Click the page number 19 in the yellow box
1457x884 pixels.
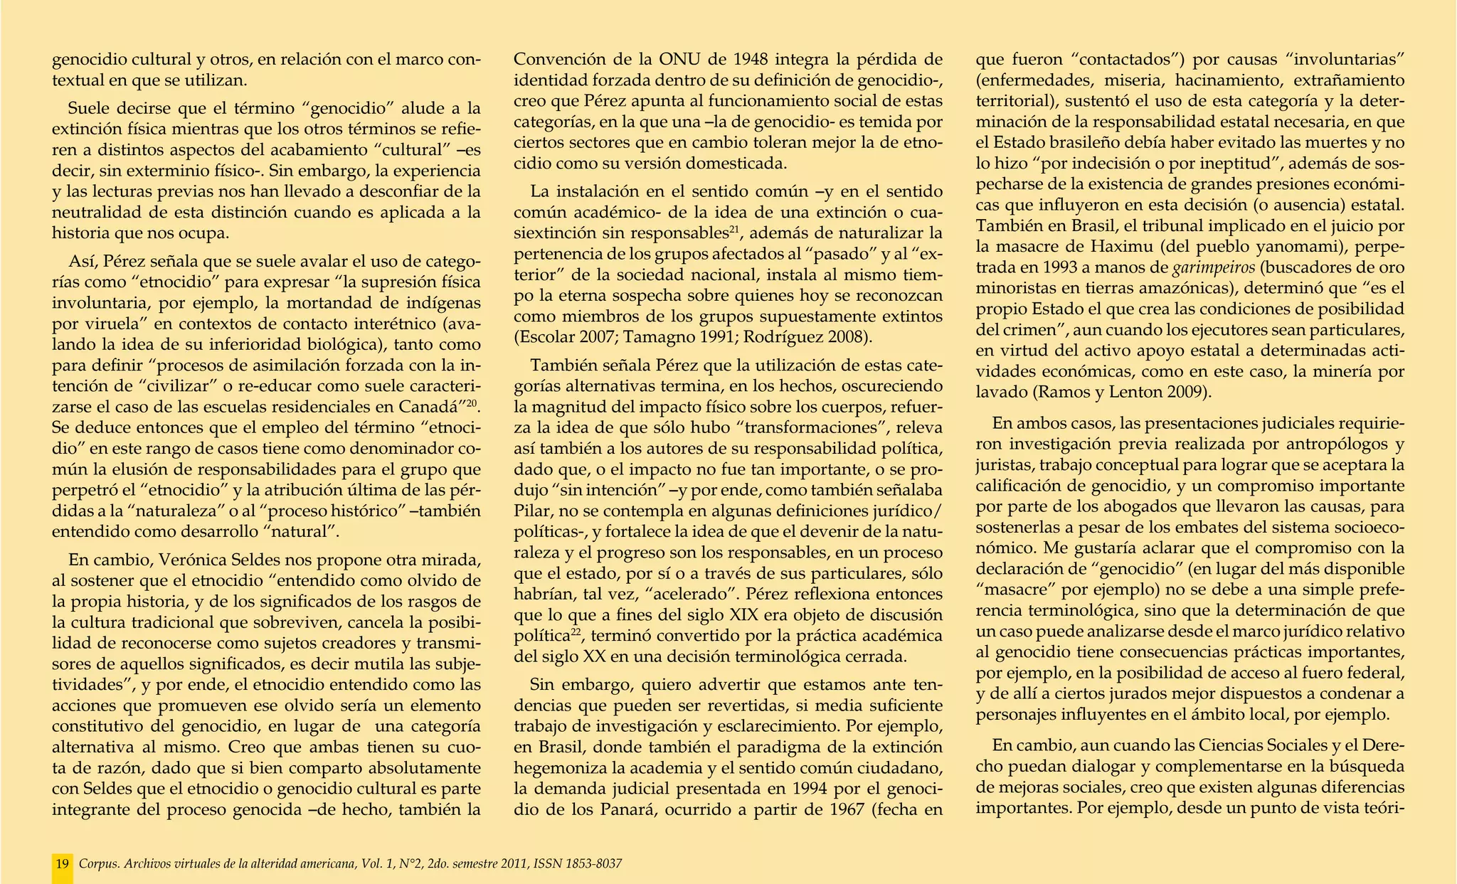[62, 864]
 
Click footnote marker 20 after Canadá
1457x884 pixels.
[472, 404]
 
